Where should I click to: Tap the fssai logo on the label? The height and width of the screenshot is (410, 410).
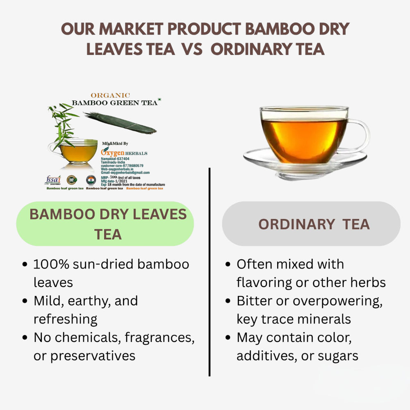pos(52,180)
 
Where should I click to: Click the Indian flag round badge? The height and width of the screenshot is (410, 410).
pos(91,180)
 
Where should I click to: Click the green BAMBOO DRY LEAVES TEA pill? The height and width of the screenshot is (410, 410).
pos(105,224)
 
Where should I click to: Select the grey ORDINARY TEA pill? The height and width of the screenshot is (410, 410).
pos(311,224)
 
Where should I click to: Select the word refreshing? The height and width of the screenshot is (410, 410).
pos(65,319)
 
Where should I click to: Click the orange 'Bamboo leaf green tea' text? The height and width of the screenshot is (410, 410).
pos(145,188)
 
